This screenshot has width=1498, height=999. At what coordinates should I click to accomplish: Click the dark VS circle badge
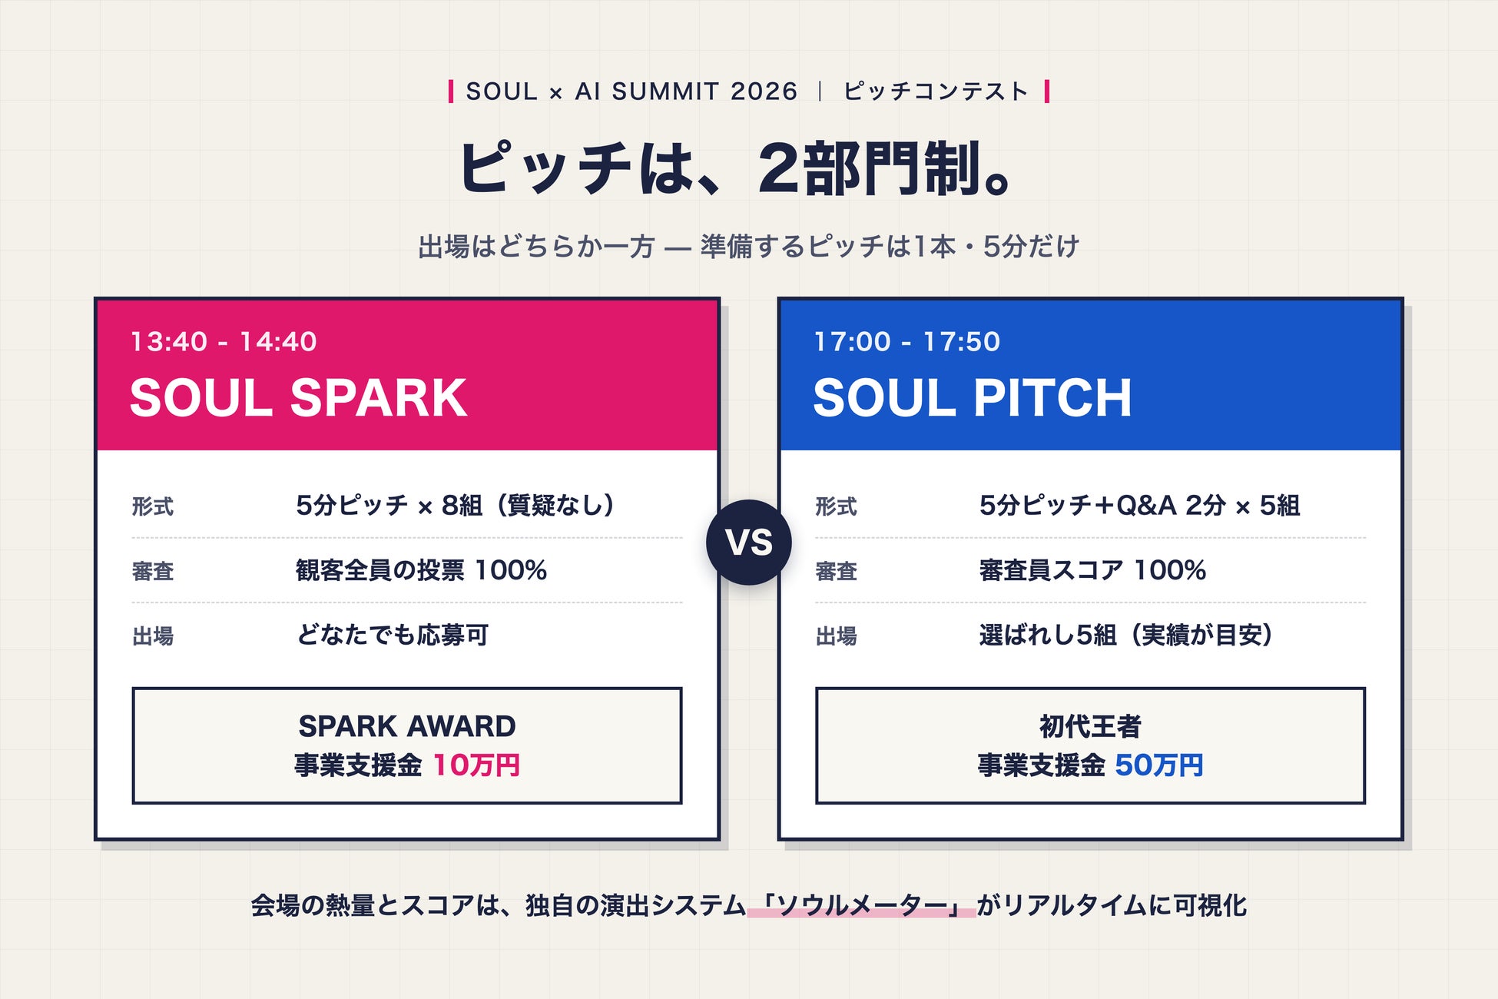click(749, 543)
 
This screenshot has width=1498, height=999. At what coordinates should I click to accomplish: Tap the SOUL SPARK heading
click(298, 398)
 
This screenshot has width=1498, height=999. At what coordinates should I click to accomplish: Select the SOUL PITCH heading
click(973, 398)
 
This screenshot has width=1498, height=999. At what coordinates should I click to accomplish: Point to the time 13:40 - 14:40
click(224, 341)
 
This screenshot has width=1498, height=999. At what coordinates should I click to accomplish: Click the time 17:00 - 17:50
click(907, 341)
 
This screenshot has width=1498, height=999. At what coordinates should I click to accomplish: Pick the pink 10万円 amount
click(477, 765)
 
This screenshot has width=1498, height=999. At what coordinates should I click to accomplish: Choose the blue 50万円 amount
click(1159, 765)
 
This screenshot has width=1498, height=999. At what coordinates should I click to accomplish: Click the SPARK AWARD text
click(407, 726)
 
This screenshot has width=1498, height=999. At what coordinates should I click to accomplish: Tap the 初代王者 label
click(1090, 726)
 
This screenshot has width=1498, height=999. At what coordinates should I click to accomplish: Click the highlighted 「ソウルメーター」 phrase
click(861, 906)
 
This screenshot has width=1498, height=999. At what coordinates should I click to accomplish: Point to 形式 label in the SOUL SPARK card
click(153, 506)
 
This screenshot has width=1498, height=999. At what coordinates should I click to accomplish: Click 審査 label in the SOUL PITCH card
click(837, 571)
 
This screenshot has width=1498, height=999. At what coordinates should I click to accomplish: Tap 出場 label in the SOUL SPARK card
click(153, 636)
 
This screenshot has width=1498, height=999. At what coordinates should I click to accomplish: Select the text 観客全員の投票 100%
click(421, 570)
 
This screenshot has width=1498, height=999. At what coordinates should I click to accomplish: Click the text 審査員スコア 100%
click(1092, 570)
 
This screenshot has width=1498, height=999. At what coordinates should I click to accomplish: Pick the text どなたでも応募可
click(393, 636)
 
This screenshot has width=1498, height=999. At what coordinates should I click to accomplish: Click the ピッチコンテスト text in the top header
click(936, 91)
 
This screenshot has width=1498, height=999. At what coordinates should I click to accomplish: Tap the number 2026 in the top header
click(764, 91)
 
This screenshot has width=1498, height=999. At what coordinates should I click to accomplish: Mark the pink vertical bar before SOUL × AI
click(451, 91)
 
